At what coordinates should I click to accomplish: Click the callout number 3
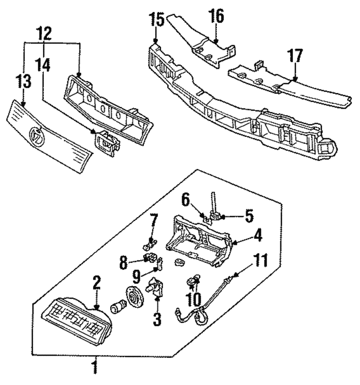pyautogui.click(x=157, y=320)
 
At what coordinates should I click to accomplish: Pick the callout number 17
pyautogui.click(x=295, y=56)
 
